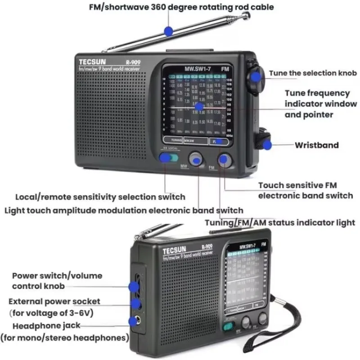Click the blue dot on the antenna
(x=169, y=31)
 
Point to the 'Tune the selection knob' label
(x=313, y=73)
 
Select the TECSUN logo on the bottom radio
(x=175, y=250)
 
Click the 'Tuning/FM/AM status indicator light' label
(x=280, y=223)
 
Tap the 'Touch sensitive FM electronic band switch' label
(x=305, y=190)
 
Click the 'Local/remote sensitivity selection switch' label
(x=100, y=197)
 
